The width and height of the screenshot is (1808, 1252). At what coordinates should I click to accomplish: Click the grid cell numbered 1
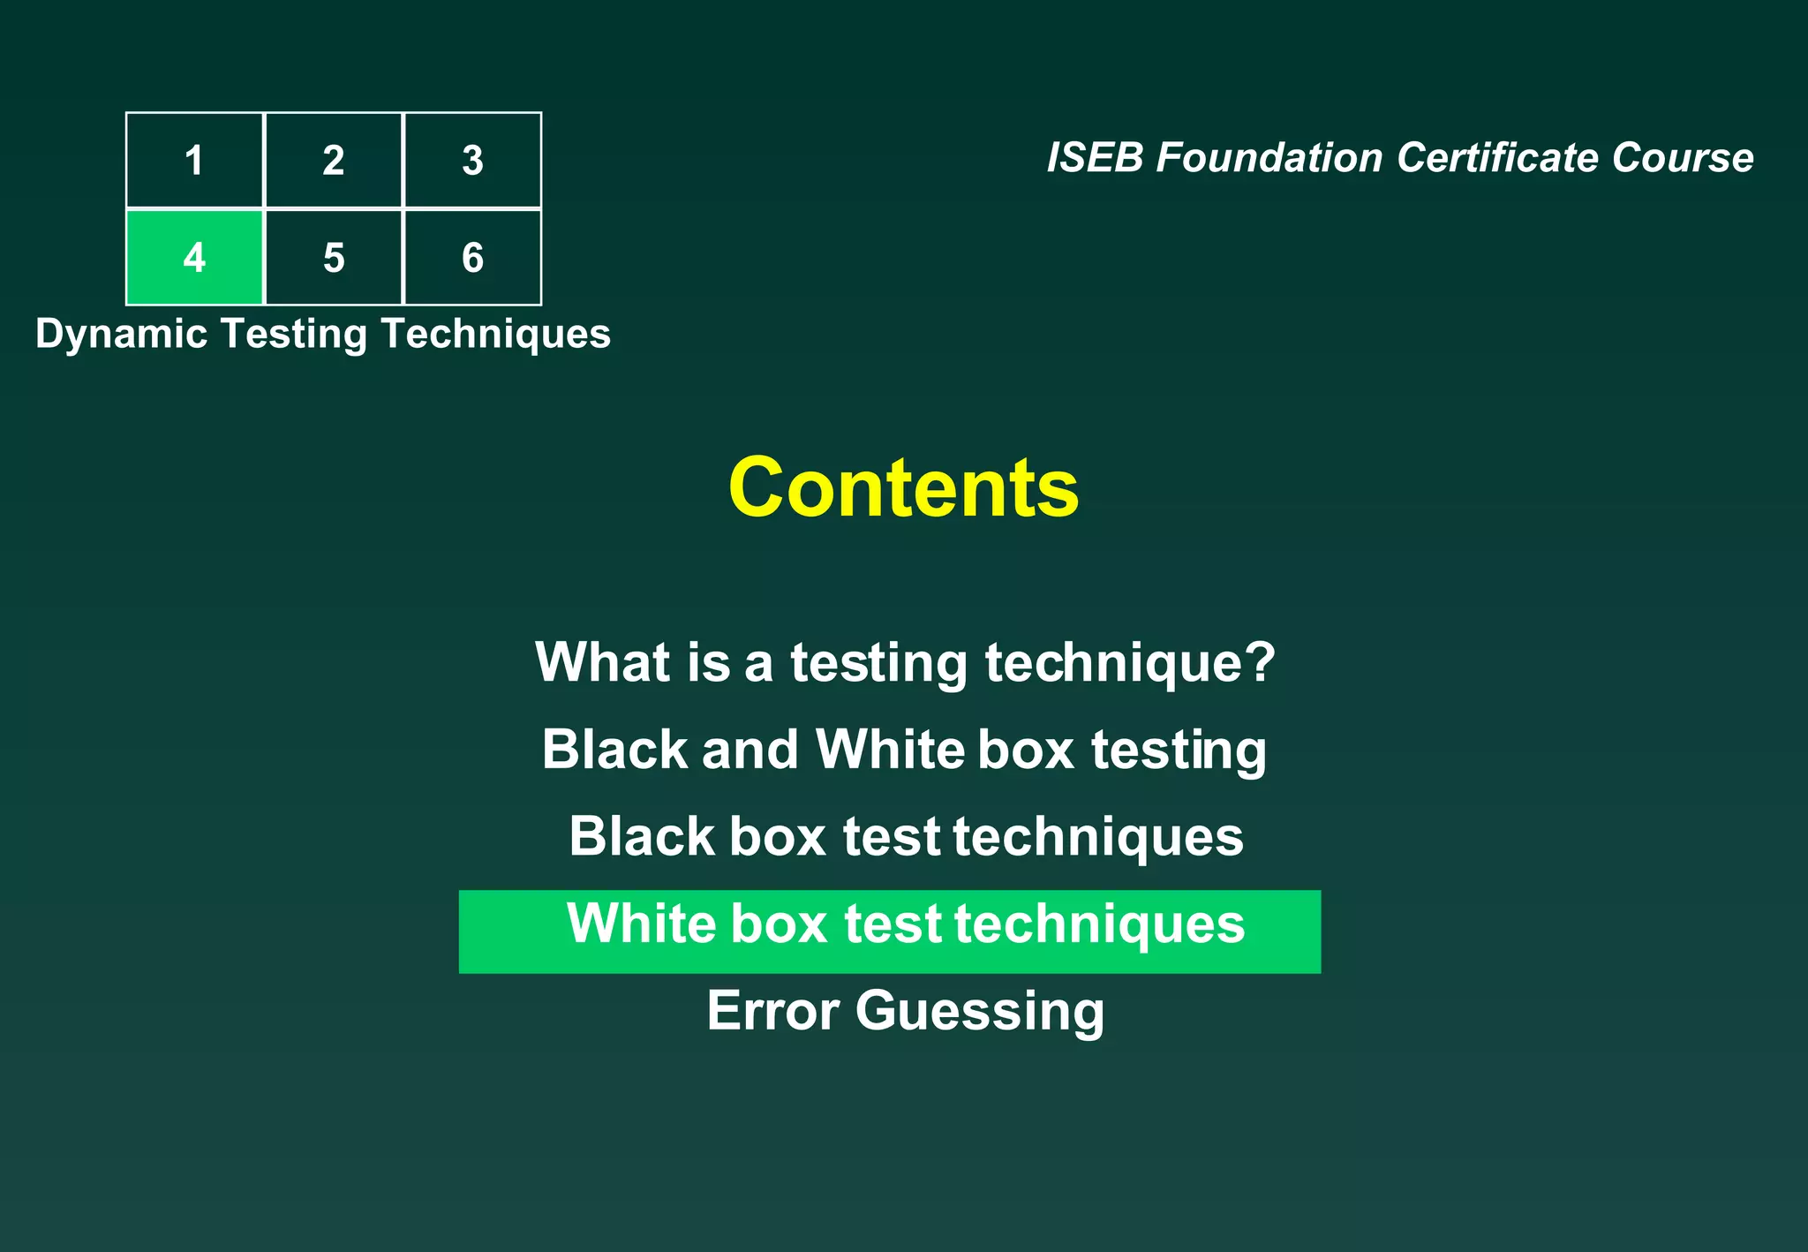tap(194, 161)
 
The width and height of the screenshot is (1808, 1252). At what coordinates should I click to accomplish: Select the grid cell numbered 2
tap(334, 161)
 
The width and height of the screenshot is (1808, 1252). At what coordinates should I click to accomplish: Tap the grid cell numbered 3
tap(472, 161)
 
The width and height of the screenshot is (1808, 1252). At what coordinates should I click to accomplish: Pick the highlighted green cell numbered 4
tap(194, 258)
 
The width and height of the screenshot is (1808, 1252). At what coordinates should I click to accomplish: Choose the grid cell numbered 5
tap(334, 258)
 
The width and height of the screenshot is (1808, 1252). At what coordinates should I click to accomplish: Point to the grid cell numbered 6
tap(472, 258)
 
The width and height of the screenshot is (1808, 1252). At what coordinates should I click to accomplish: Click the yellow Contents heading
tap(903, 487)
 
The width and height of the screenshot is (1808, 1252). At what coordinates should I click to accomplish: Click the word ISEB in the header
tap(1095, 158)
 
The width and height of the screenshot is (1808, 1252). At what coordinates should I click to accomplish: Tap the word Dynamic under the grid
tap(121, 335)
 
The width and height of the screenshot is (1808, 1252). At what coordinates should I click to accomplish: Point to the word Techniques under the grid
tap(495, 335)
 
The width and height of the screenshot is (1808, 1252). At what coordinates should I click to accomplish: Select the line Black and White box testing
tap(903, 750)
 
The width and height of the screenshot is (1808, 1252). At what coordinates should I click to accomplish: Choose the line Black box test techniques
tap(905, 836)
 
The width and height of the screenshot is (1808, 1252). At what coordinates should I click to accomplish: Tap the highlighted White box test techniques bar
tap(889, 931)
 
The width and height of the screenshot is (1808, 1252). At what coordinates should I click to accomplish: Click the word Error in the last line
tap(772, 1010)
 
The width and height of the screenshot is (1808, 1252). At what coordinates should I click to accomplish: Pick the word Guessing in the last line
tap(979, 1012)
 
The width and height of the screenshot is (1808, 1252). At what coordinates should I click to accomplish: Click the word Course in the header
tap(1682, 158)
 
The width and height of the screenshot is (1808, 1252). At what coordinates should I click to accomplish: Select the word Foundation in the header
tap(1269, 158)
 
